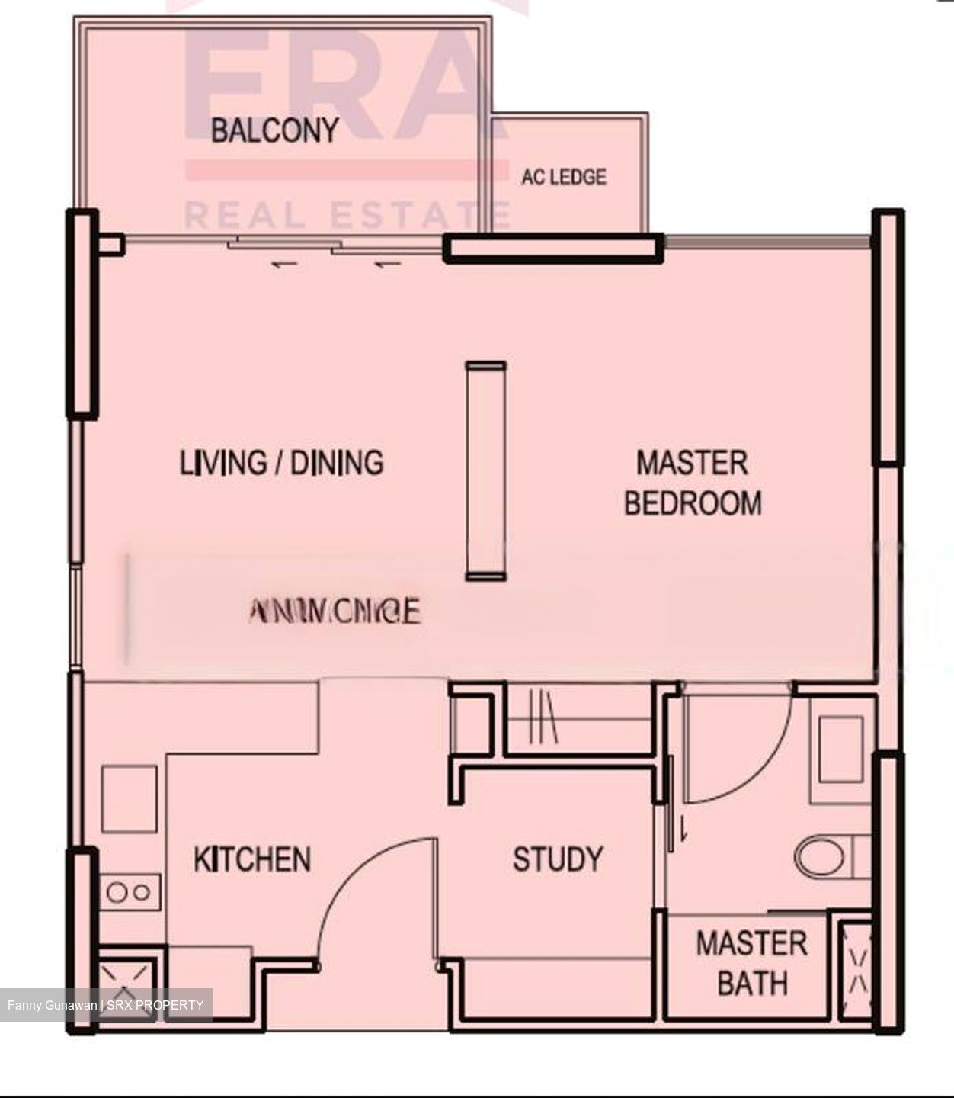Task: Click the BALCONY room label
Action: click(274, 130)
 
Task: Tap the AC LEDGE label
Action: click(564, 177)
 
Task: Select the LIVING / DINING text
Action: click(281, 463)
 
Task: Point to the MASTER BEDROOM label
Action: click(692, 483)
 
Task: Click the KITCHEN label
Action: click(252, 859)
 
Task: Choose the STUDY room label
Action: click(557, 859)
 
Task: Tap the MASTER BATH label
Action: click(751, 963)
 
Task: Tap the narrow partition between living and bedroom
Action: click(486, 471)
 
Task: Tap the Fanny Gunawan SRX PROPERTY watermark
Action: click(106, 1005)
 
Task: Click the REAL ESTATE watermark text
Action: click(347, 215)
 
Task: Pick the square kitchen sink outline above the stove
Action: click(130, 798)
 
